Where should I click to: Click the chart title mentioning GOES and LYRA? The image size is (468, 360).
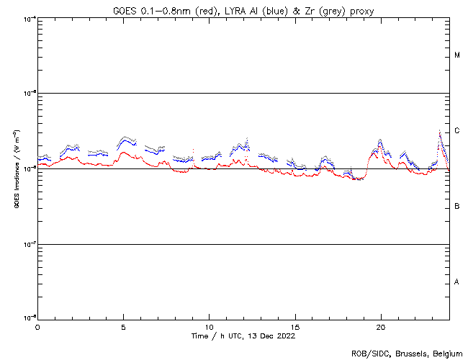tap(243, 11)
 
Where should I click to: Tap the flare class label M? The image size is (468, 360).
tap(457, 55)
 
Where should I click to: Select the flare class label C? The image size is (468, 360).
tap(457, 131)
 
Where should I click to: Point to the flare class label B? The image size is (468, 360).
tap(457, 207)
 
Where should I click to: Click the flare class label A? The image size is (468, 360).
tap(457, 282)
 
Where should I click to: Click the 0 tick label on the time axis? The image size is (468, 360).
tap(37, 326)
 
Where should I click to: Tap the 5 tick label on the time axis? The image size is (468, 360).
tap(123, 326)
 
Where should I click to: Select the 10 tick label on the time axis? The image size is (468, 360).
tap(209, 326)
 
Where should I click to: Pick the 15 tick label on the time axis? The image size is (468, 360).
tap(295, 326)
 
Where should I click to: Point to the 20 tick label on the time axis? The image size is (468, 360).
tap(381, 326)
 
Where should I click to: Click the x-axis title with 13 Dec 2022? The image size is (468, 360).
tap(243, 336)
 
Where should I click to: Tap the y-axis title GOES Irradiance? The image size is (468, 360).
tap(15, 168)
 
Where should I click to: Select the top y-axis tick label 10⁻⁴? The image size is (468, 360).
tap(30, 18)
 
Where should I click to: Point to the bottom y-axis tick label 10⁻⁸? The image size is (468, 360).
tap(30, 318)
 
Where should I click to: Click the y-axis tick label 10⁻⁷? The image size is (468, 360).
tap(30, 243)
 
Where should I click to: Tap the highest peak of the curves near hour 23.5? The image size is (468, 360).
tap(440, 131)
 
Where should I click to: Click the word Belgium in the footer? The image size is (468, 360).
tap(446, 353)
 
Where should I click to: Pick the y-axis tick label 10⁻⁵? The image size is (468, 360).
tap(30, 94)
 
